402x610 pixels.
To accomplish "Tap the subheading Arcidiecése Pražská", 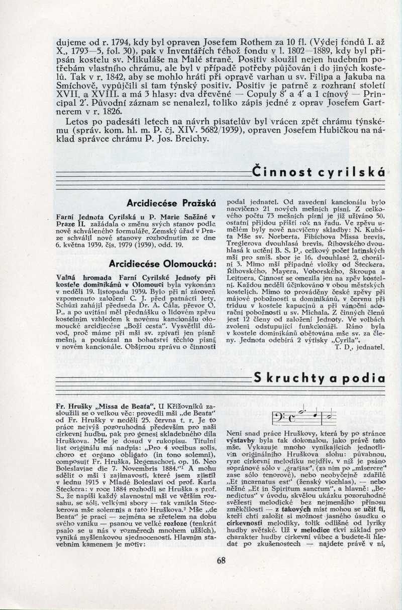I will point(172,204).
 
